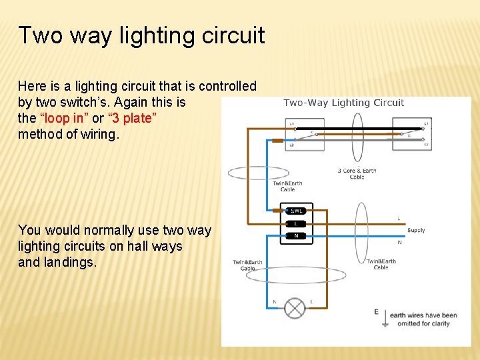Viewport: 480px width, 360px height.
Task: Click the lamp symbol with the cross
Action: [x=295, y=308]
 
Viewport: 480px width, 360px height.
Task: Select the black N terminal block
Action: [x=296, y=235]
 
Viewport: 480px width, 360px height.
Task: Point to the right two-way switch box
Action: [x=411, y=133]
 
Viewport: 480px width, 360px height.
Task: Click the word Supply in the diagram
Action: [x=416, y=230]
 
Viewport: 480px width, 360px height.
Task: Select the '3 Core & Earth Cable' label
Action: [x=357, y=174]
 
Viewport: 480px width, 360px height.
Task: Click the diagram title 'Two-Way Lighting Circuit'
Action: [x=344, y=103]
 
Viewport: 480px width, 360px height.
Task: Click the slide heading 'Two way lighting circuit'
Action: [x=141, y=35]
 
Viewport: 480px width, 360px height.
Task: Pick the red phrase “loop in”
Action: [x=64, y=119]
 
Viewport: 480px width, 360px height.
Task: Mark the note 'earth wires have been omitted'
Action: [x=423, y=319]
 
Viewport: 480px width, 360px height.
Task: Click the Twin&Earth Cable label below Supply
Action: [x=381, y=264]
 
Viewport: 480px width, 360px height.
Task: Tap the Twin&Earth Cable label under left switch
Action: [x=287, y=186]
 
